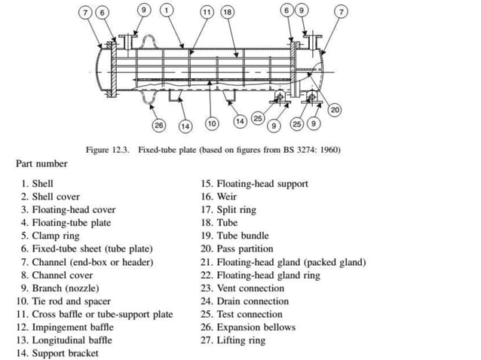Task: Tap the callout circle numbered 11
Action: (207, 12)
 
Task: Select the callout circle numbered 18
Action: (227, 12)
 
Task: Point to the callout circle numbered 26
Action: (159, 124)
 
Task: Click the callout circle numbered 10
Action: (212, 123)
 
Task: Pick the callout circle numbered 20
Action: (335, 111)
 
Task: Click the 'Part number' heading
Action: (41, 163)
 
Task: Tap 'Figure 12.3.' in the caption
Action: (109, 150)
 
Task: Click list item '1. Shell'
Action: (37, 183)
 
